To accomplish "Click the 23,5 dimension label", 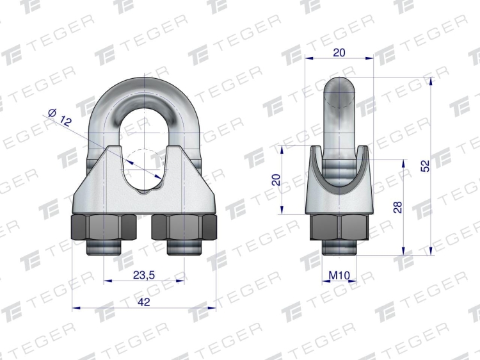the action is tap(144, 275).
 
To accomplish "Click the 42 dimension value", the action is tap(144, 302).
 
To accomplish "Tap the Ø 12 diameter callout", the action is tap(60, 118).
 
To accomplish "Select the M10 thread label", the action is tap(339, 275).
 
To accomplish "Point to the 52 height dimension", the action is tap(425, 166).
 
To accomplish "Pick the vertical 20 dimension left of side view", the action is tap(276, 179).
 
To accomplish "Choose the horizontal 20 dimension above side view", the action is tap(339, 53).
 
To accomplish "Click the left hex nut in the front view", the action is tap(104, 227).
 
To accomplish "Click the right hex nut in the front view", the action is tap(184, 227).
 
